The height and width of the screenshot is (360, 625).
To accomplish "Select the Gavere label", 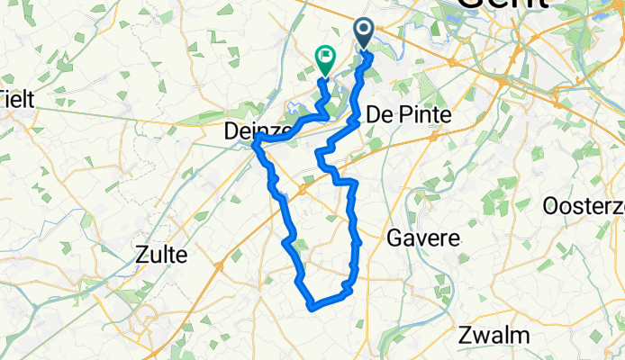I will pyautogui.click(x=423, y=238).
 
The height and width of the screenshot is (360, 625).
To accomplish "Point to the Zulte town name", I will pyautogui.click(x=162, y=255).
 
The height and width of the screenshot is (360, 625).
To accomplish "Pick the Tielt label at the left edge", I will pyautogui.click(x=17, y=98).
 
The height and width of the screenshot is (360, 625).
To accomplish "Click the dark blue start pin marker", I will pyautogui.click(x=364, y=34).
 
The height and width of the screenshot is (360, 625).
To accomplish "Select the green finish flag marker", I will pyautogui.click(x=324, y=60).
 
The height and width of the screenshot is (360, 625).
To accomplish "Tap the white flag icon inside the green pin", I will pyautogui.click(x=324, y=57).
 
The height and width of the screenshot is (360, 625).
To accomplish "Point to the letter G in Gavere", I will pyautogui.click(x=394, y=238).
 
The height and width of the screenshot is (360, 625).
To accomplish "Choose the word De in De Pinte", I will pyautogui.click(x=378, y=116).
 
